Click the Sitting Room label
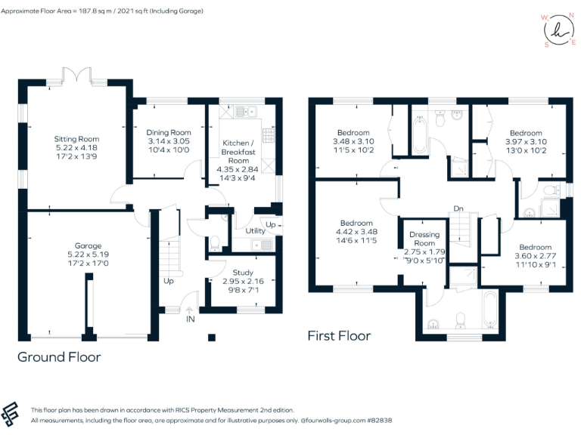tap(76, 139)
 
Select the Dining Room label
tap(169, 132)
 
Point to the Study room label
tap(243, 272)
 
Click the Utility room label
tap(255, 230)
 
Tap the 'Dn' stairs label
tap(458, 208)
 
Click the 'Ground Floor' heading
tap(59, 356)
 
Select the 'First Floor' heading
tap(339, 335)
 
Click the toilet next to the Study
tap(215, 243)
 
